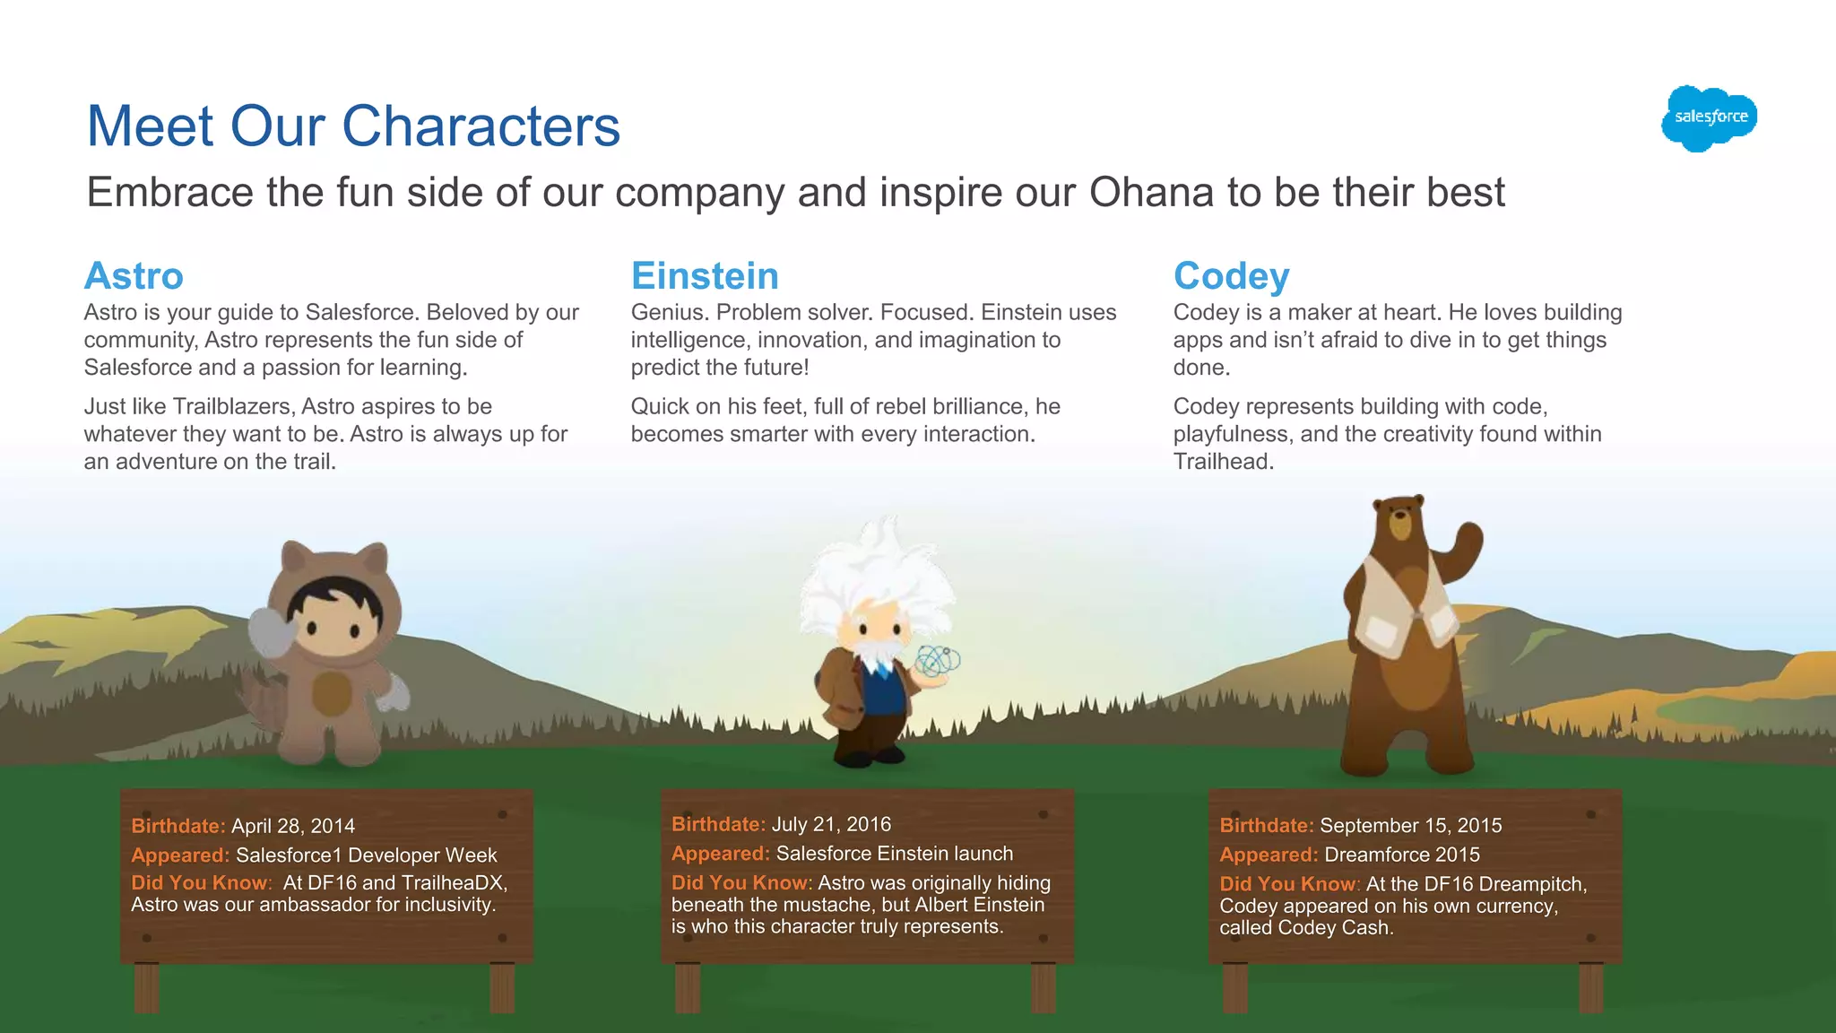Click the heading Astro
134,276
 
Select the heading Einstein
705,276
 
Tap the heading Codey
1231,276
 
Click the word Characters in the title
481,126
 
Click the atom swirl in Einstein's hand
938,661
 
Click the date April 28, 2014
293,826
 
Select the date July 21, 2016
831,824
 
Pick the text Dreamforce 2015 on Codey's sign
1402,855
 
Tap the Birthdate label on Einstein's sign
718,824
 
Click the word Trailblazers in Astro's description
232,406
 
